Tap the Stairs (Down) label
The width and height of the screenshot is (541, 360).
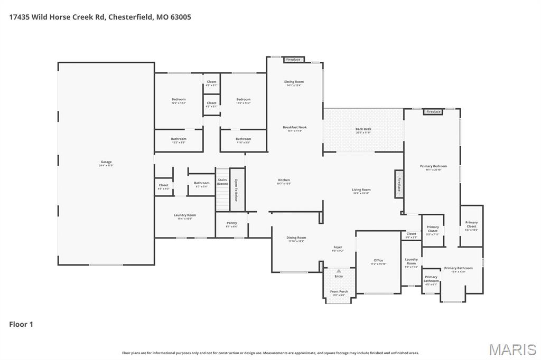(222, 182)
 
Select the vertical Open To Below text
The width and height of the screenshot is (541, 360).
(237, 190)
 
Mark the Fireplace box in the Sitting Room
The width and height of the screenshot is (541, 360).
(293, 60)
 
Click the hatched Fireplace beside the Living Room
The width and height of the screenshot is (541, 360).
(399, 184)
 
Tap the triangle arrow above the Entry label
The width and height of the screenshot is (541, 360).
(339, 271)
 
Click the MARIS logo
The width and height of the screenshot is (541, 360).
(512, 349)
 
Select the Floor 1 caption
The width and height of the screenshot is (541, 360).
(21, 324)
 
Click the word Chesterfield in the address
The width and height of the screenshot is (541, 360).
(131, 17)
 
